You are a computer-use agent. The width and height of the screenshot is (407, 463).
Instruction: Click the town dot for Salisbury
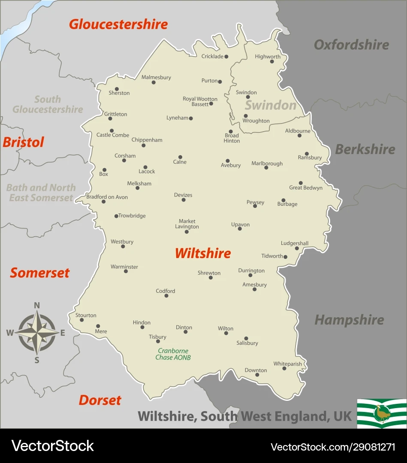246,338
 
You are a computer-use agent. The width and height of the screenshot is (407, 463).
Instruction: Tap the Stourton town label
86,315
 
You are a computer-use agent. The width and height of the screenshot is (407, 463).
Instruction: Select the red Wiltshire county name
203,253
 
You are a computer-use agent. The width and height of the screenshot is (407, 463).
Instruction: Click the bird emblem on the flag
381,413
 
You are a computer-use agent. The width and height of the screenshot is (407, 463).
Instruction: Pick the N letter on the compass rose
37,305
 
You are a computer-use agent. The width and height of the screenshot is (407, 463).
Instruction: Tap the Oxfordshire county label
351,45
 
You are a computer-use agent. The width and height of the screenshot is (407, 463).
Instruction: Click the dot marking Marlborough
266,167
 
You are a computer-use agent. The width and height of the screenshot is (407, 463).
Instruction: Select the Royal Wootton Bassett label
200,102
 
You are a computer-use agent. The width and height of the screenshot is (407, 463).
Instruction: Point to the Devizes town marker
184,200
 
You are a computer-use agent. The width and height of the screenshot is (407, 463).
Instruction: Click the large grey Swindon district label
271,105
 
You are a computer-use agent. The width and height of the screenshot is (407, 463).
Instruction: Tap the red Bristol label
23,142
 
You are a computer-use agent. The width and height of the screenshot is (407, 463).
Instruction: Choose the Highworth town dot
271,61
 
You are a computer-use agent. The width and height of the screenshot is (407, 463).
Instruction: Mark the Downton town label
256,370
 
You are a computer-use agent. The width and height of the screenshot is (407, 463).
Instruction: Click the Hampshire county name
349,320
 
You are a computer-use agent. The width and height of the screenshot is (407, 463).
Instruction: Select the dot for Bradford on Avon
103,201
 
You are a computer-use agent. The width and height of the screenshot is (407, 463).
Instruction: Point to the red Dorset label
100,400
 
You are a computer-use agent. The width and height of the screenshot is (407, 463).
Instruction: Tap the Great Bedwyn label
306,188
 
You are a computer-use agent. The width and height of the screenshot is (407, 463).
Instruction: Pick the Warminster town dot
126,271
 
